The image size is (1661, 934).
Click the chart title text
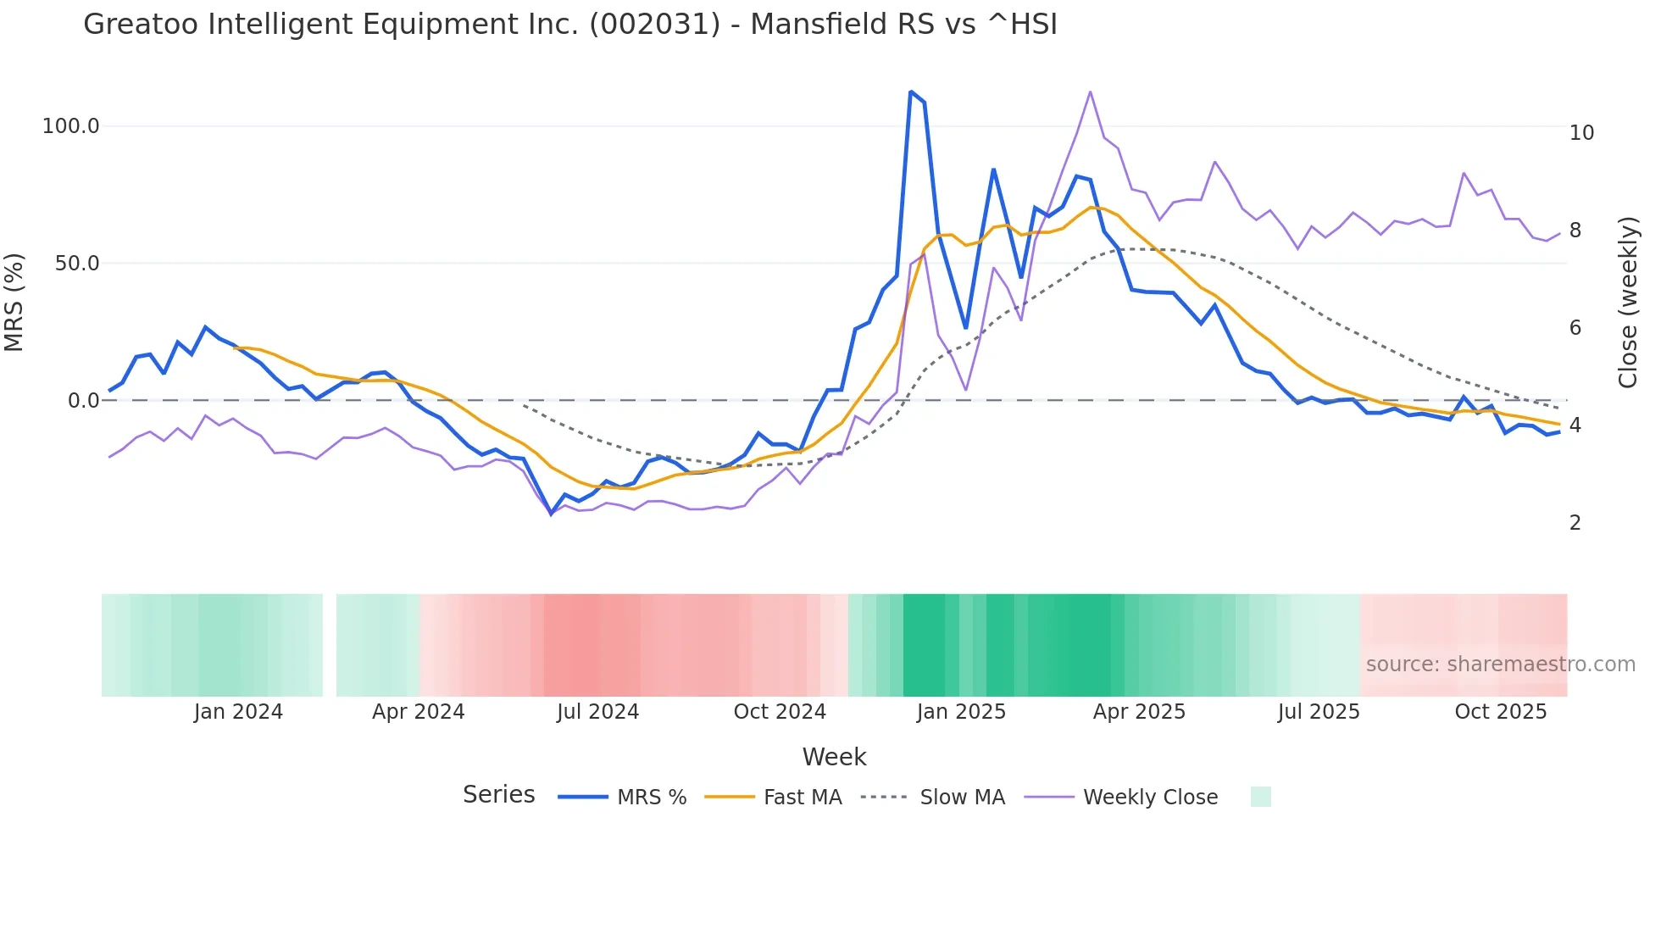tap(569, 25)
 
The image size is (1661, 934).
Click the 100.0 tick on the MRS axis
tap(71, 126)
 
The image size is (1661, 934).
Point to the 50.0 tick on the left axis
tap(77, 264)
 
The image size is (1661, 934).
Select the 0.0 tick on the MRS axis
tap(83, 401)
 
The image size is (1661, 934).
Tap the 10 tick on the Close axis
tap(1581, 133)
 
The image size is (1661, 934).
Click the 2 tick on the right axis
tap(1575, 523)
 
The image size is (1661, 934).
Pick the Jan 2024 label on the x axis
tap(238, 712)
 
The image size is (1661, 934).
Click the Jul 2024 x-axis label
tap(597, 712)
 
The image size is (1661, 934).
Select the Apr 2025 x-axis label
tap(1138, 712)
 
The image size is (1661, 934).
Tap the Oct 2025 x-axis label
tap(1500, 712)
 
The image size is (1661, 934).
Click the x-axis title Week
tap(834, 757)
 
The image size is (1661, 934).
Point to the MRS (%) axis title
tap(14, 303)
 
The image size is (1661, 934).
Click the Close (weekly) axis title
tap(1627, 303)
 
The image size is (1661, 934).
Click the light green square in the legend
tap(1260, 797)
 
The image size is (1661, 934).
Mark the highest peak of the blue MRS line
tap(910, 92)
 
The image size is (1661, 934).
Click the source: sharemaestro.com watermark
tap(1500, 664)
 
